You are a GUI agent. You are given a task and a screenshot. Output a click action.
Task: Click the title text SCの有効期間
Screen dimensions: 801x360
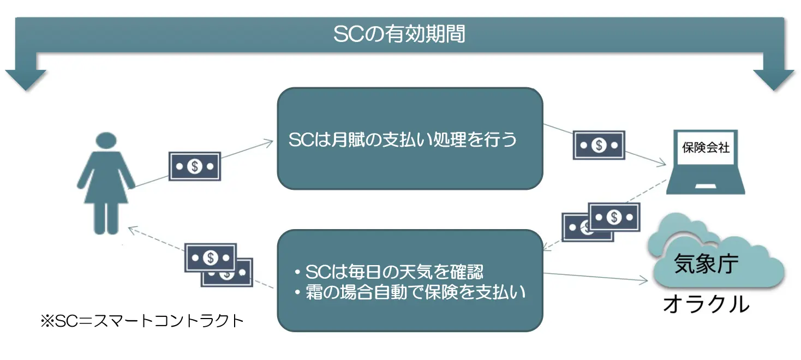[x=399, y=34]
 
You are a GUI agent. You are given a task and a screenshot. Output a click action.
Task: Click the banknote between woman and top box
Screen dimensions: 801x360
[x=195, y=166]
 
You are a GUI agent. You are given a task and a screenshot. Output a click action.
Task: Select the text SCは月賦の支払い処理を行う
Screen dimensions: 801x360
[x=403, y=140]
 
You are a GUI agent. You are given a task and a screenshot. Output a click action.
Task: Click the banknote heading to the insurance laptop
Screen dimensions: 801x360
[x=599, y=145]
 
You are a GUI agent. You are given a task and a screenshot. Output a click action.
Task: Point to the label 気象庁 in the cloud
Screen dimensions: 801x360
[x=706, y=264]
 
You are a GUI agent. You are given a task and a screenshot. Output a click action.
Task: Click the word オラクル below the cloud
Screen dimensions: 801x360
[x=706, y=304]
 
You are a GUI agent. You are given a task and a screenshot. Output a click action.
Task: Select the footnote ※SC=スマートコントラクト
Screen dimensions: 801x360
[x=142, y=321]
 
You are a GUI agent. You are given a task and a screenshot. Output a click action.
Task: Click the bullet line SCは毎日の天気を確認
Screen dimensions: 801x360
[x=389, y=272]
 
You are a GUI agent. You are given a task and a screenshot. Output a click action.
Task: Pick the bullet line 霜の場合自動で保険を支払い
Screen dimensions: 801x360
[x=410, y=292]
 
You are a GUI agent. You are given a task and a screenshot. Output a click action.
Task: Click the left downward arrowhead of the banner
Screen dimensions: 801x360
[x=26, y=80]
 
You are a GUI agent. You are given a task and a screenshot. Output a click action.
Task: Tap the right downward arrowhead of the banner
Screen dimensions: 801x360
[x=774, y=80]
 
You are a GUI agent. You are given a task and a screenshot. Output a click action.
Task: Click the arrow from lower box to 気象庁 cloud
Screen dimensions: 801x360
[x=595, y=277]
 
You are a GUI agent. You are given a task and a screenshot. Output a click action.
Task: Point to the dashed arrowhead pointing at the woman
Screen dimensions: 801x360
[x=133, y=230]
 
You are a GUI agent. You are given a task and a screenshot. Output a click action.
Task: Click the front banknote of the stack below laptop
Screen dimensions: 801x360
[x=614, y=217]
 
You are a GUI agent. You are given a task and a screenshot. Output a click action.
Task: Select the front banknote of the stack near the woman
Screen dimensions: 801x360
[x=211, y=258]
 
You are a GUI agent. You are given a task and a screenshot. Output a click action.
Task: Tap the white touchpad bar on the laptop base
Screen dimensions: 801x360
[x=706, y=186]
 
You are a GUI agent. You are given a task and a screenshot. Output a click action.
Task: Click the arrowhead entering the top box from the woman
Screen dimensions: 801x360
[x=268, y=143]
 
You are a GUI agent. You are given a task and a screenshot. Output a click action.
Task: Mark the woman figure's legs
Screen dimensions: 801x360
[x=106, y=218]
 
